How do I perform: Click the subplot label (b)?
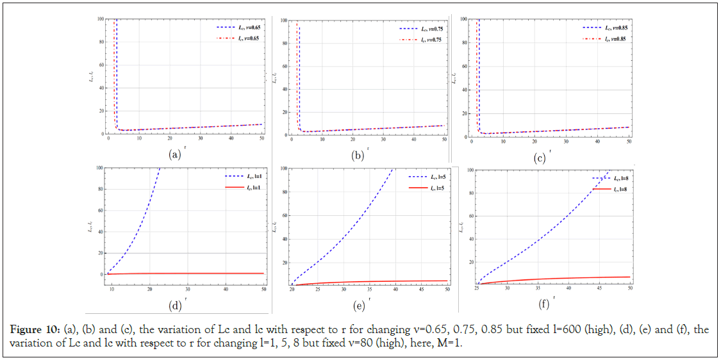pos(357,155)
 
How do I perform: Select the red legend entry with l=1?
pos(242,188)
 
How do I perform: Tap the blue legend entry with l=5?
pos(424,177)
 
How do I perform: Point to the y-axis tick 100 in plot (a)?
pos(99,19)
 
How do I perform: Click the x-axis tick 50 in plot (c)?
pos(629,142)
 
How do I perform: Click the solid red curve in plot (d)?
pos(192,273)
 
